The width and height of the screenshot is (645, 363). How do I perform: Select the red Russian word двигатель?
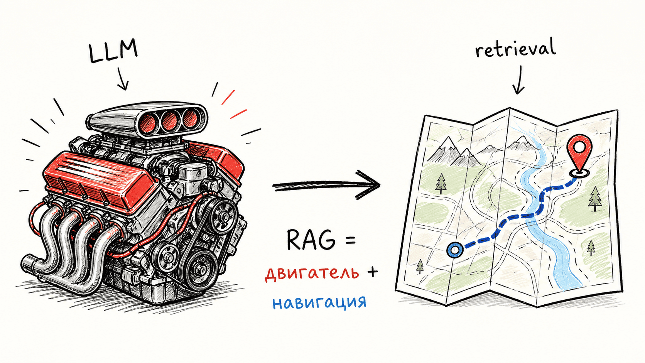[312, 273]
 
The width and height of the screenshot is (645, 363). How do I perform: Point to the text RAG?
[311, 240]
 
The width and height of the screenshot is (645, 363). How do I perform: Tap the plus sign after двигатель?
[372, 272]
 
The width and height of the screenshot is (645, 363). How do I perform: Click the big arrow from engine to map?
[326, 186]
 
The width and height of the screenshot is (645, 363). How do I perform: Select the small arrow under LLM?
[122, 79]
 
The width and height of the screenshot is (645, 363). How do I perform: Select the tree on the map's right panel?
[595, 198]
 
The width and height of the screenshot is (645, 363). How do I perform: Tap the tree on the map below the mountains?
[441, 183]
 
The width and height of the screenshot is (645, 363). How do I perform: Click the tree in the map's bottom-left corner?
[420, 266]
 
